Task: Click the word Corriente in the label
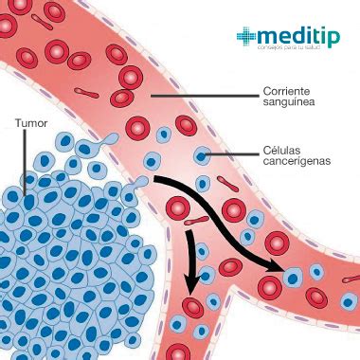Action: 287,93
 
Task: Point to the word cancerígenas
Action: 297,164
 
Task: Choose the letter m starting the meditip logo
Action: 269,35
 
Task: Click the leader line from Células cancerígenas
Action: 232,153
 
